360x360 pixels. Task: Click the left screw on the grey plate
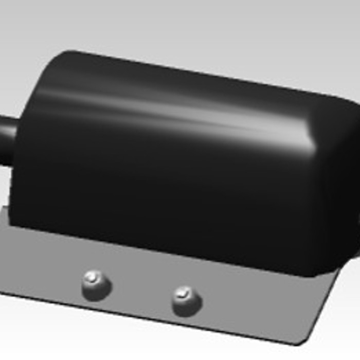tap(96, 285)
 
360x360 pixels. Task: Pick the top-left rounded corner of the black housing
tap(57, 62)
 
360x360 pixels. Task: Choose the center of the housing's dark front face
tap(165, 195)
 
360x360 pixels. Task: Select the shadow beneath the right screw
tap(188, 313)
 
